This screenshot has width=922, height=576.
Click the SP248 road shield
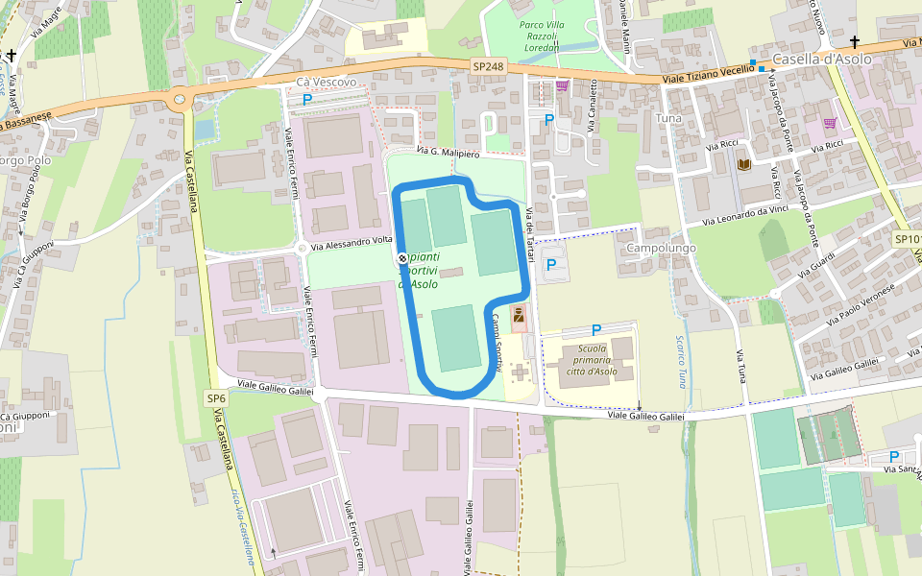point(488,66)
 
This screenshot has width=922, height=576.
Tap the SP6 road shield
point(216,398)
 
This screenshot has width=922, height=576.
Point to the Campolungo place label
point(661,248)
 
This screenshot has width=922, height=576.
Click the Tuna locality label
point(667,117)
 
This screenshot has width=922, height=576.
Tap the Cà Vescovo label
point(327,83)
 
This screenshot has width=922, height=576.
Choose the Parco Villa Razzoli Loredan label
point(541,36)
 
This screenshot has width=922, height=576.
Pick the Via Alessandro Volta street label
point(350,243)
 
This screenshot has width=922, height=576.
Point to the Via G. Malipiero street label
point(448,153)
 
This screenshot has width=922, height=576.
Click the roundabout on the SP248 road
point(179,98)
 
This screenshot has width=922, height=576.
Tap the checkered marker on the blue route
point(401,258)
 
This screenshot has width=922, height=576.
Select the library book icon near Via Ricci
point(743,165)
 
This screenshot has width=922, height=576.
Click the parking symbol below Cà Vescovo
point(307,99)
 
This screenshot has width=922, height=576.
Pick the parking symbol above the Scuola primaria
point(596,329)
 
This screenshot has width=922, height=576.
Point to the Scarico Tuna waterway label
point(681,361)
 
